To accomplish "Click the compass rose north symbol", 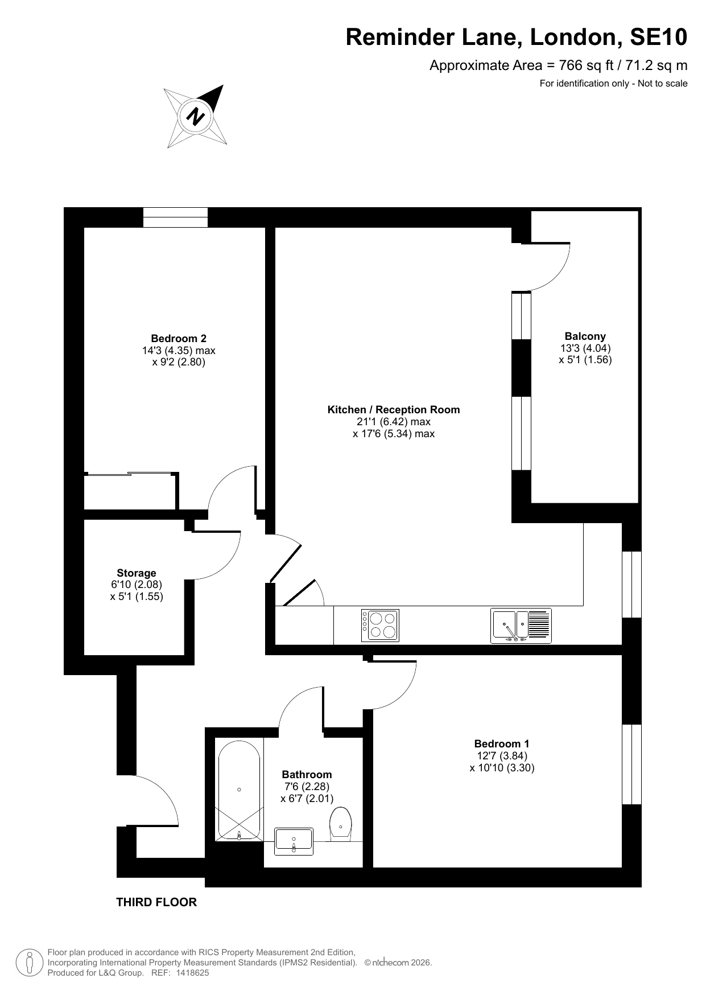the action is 196,116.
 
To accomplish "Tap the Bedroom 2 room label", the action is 179,338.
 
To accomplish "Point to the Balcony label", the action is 585,336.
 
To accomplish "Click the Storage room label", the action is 137,573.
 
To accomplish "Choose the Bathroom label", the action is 307,774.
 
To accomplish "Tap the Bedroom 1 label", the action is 502,743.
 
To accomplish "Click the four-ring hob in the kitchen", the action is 380,625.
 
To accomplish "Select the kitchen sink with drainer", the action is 521,626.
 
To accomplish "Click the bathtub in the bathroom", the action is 239,790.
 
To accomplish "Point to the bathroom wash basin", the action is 294,841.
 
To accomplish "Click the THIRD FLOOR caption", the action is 156,902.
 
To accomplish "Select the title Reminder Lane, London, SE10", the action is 517,38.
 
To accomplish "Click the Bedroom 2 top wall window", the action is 175,217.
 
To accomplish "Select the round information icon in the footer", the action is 29,963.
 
